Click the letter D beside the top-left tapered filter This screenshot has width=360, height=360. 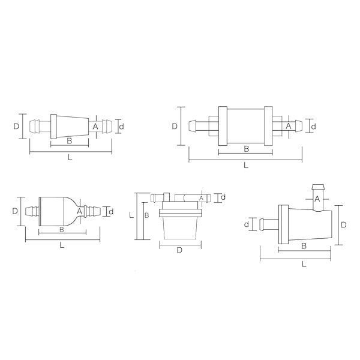pos(16,126)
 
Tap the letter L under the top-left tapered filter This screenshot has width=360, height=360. pos(70,157)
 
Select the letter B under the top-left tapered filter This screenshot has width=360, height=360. pos(70,141)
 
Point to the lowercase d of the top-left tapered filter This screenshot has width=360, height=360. pos(122,126)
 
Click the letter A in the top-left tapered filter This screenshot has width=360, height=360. pos(95,127)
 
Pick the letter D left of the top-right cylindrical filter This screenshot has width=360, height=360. pos(175,126)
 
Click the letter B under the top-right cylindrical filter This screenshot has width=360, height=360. pos(246,149)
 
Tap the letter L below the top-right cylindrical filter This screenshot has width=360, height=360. pos(246,166)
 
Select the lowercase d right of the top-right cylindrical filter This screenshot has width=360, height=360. pos(313,126)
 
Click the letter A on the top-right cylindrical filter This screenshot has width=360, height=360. pos(289,126)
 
